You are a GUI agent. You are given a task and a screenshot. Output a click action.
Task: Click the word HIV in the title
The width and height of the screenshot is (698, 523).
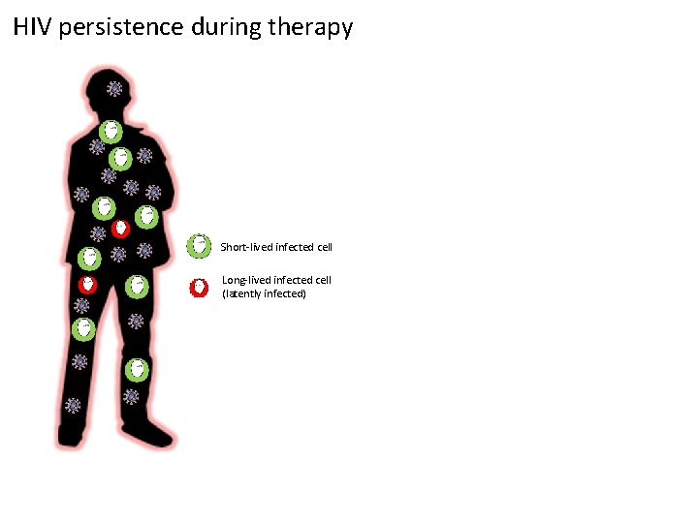(33, 27)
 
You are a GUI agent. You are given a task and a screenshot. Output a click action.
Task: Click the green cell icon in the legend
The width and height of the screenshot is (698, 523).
(199, 246)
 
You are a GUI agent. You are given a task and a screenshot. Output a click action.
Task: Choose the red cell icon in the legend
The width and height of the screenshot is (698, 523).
(199, 288)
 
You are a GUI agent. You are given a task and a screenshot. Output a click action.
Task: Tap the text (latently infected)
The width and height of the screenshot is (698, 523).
(264, 292)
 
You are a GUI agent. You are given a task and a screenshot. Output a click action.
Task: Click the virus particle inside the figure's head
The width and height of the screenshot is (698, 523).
(115, 89)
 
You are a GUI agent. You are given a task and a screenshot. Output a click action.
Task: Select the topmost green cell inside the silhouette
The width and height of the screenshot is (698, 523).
(111, 130)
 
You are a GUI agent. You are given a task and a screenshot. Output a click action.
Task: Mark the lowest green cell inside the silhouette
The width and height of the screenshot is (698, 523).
(137, 369)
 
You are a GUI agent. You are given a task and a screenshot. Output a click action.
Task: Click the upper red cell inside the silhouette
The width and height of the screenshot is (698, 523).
(120, 229)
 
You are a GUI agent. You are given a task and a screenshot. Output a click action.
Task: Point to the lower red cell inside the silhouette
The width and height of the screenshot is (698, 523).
(87, 285)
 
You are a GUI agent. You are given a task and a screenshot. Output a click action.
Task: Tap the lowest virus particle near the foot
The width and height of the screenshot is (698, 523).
(73, 405)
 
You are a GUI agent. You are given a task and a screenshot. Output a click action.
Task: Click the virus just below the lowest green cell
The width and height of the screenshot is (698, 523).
(132, 396)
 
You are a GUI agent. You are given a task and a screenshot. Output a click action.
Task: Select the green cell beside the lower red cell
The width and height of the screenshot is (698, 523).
(137, 286)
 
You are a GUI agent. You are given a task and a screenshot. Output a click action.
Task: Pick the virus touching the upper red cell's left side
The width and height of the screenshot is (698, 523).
(99, 233)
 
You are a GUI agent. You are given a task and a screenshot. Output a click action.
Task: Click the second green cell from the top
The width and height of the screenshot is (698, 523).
(120, 157)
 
